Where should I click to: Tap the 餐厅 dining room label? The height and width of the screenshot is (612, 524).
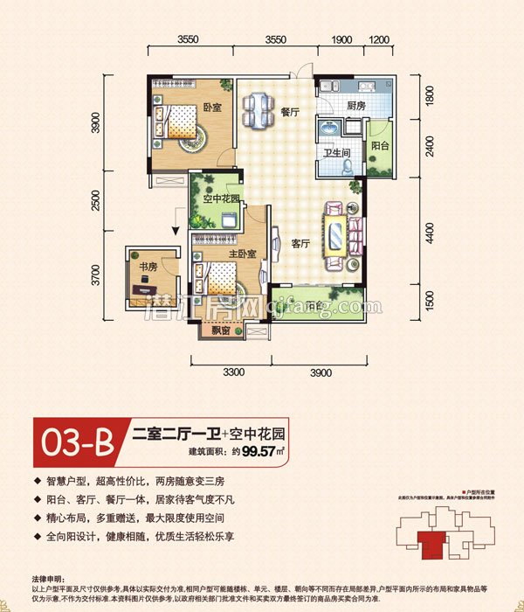[290, 113]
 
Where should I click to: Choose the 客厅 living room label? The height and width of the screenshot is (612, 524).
[302, 244]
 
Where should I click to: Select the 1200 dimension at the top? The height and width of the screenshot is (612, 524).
[378, 40]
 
